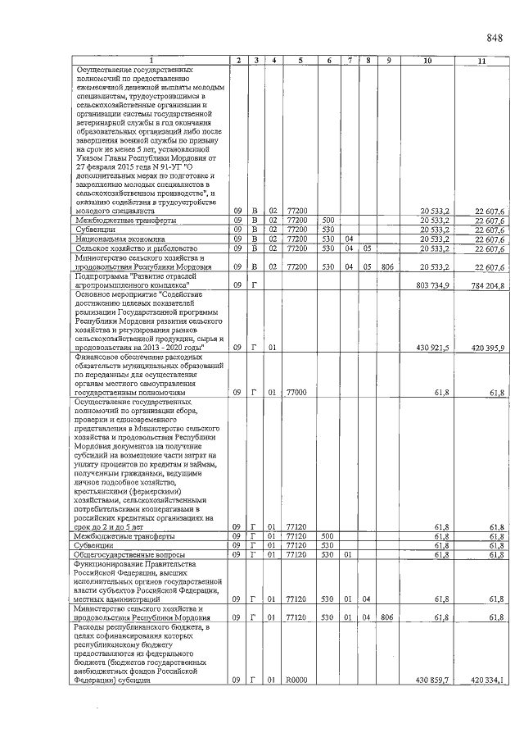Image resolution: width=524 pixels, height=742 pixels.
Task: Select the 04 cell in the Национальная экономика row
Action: coord(349,239)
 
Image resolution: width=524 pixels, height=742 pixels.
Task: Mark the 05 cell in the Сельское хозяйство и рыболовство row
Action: coord(368,248)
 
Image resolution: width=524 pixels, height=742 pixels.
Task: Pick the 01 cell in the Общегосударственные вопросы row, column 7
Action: coord(349,554)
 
